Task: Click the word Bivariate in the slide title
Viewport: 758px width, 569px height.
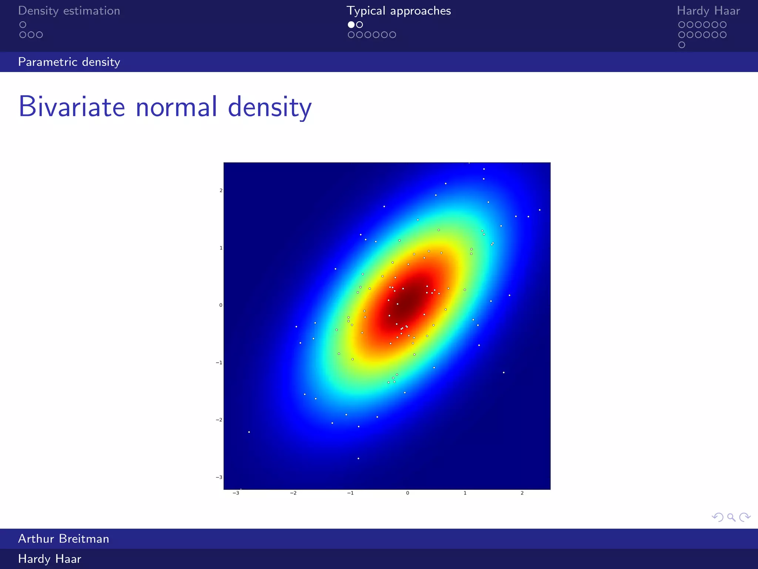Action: pos(72,107)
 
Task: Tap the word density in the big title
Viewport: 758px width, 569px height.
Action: pos(269,107)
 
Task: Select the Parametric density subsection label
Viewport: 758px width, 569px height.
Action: pos(69,62)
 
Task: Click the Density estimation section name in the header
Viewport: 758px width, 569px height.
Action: pos(69,11)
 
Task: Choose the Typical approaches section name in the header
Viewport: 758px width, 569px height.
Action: pos(399,11)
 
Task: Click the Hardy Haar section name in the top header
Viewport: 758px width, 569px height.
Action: pos(708,11)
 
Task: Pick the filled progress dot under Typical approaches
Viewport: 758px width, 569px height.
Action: pos(351,25)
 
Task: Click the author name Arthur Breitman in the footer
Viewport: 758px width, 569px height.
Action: pos(64,539)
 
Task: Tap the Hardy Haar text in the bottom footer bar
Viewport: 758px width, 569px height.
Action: pos(50,559)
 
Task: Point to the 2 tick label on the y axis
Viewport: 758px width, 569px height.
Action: pos(221,190)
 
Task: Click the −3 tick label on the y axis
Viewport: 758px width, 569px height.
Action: pos(219,477)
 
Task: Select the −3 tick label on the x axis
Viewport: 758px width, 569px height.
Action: pos(236,493)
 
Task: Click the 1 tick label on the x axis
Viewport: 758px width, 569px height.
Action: pos(465,493)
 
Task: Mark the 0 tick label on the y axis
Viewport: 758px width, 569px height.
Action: pos(221,305)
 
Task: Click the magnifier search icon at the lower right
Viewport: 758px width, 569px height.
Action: pos(731,517)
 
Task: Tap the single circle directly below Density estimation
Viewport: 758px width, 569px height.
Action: pos(23,25)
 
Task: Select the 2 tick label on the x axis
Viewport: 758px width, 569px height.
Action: pos(522,493)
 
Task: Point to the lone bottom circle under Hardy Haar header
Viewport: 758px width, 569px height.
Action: pos(681,45)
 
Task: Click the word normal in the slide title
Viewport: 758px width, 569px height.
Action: pos(177,107)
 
